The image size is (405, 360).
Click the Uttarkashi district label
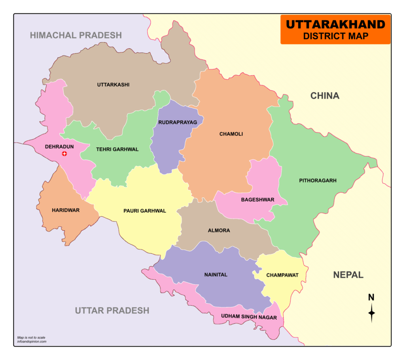pyautogui.click(x=113, y=85)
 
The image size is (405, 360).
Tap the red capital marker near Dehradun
pyautogui.click(x=64, y=153)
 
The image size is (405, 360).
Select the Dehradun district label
pyautogui.click(x=59, y=146)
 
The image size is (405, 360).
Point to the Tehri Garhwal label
pyautogui.click(x=117, y=149)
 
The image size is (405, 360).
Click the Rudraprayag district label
pyautogui.click(x=177, y=123)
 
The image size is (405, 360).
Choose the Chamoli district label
pyautogui.click(x=231, y=134)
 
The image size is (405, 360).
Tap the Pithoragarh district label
pyautogui.click(x=318, y=181)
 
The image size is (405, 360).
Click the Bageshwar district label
pyautogui.click(x=257, y=200)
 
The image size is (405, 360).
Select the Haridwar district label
pyautogui.click(x=66, y=210)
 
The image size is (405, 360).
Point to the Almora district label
pyautogui.click(x=219, y=230)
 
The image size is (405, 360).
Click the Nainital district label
pyautogui.click(x=216, y=275)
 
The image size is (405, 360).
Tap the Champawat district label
pyautogui.click(x=282, y=275)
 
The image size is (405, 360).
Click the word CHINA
pyautogui.click(x=324, y=96)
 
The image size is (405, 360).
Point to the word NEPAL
pyautogui.click(x=348, y=275)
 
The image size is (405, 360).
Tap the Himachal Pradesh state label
pyautogui.click(x=76, y=35)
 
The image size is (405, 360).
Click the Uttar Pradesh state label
pyautogui.click(x=112, y=310)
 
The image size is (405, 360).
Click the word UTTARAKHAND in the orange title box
pyautogui.click(x=335, y=25)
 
